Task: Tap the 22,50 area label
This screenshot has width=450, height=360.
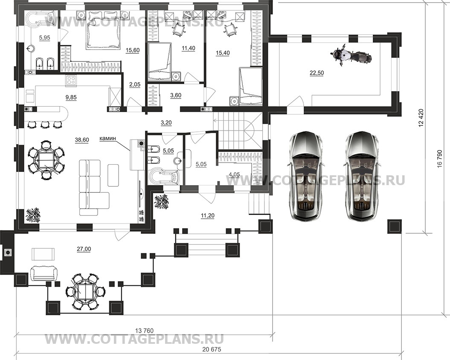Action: coord(316,73)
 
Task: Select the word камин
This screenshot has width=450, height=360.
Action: coord(108,138)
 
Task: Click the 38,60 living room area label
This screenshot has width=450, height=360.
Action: coord(82,140)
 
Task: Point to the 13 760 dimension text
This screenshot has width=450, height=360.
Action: coord(144,331)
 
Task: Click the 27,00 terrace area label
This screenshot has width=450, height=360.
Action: coord(84,249)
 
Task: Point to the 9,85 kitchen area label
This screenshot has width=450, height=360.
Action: coord(71,97)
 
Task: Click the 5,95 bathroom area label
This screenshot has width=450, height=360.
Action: coord(44,37)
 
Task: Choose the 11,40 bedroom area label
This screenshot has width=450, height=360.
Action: coord(188,48)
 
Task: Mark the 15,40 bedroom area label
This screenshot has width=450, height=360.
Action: coord(222,53)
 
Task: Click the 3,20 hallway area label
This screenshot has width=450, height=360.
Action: coord(166,122)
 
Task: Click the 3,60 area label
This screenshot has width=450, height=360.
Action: coord(176,95)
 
